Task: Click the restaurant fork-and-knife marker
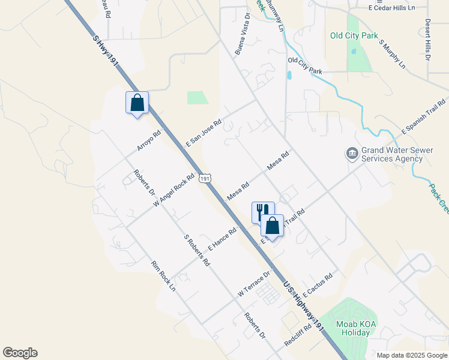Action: point(262,212)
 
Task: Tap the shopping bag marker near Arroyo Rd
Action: point(137,103)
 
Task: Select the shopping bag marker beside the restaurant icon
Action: point(272,226)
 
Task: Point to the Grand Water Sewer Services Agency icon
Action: point(352,154)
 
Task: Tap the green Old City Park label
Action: point(353,35)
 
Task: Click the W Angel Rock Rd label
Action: point(175,190)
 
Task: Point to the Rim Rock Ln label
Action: point(163,276)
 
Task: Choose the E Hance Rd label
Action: point(223,238)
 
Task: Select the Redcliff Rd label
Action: point(298,339)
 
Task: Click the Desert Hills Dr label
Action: point(427,40)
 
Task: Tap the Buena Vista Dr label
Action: point(242,40)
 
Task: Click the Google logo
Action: point(20,353)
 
